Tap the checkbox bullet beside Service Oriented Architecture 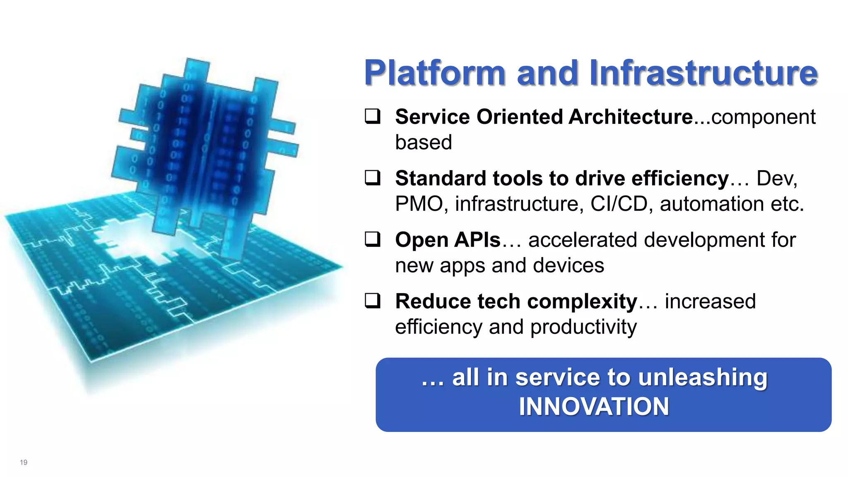[372, 116]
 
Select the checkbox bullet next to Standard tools [372, 178]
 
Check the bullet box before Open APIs [372, 239]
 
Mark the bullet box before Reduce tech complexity [372, 301]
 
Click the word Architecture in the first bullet [630, 117]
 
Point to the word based [423, 142]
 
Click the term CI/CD [619, 204]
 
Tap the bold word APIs [477, 240]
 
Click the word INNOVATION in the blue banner [594, 407]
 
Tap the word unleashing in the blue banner [703, 378]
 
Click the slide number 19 [24, 463]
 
